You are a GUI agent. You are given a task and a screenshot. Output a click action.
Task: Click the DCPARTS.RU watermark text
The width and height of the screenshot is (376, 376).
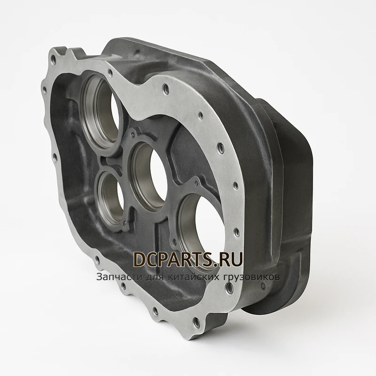(x=188, y=259)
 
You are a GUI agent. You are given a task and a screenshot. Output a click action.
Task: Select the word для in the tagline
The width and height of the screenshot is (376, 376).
(x=155, y=277)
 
